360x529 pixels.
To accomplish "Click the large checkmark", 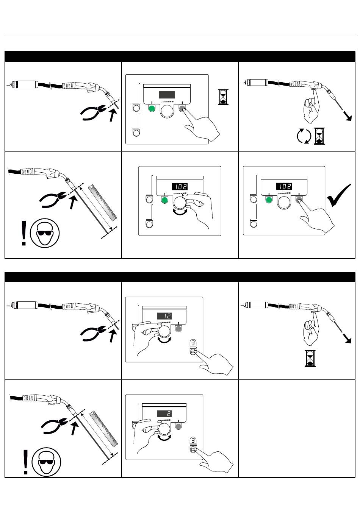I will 339,195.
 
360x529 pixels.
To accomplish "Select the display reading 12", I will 164,316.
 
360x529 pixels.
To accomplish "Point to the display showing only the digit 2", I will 164,414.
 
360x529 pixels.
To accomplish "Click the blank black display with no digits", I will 167,95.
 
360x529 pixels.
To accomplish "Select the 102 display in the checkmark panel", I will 284,186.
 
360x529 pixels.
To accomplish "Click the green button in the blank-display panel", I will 152,109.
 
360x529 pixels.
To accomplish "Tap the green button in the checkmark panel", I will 269,200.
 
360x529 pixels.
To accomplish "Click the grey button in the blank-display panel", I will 182,109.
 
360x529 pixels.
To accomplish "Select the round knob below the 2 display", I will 164,429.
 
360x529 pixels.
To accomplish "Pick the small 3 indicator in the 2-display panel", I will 193,441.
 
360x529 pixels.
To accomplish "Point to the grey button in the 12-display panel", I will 179,329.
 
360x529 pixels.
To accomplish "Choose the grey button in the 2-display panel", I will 179,427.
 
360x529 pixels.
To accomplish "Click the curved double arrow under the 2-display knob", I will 164,438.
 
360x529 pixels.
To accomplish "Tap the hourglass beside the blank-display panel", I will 223,97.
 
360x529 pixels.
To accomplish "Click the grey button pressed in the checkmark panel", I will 299,200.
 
